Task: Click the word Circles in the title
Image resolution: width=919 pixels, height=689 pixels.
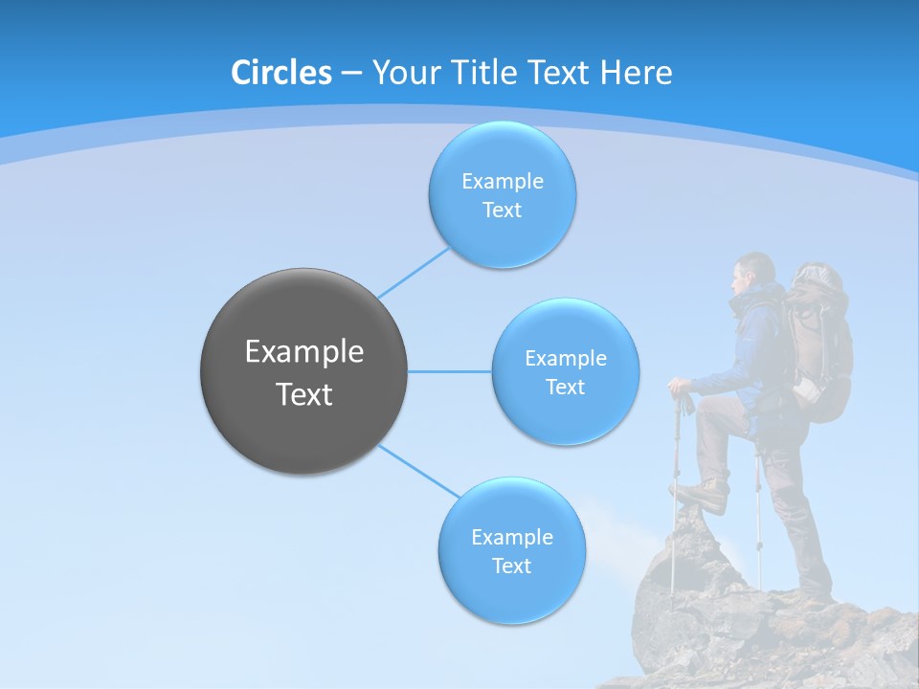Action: [x=281, y=73]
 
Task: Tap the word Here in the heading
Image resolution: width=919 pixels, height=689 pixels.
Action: [x=637, y=73]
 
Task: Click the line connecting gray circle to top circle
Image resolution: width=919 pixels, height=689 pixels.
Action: [x=413, y=273]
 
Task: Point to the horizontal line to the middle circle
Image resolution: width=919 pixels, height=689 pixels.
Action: [x=449, y=371]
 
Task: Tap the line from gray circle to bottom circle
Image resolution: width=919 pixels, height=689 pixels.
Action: [x=418, y=471]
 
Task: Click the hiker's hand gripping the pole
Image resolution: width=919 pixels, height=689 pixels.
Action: [x=681, y=389]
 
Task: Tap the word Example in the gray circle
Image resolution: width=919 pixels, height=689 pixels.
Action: [x=304, y=352]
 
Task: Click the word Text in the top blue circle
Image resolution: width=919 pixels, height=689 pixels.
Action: [x=502, y=211]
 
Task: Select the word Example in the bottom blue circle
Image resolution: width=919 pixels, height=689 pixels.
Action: [x=511, y=537]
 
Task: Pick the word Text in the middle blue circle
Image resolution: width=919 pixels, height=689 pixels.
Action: [x=565, y=387]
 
